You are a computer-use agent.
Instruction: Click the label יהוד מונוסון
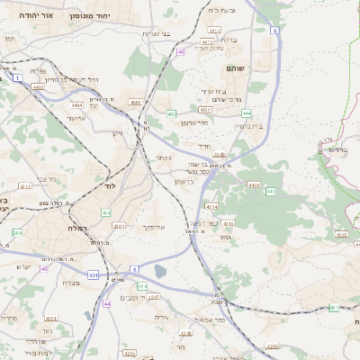point(116,16)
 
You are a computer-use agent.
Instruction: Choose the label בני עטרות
point(156,33)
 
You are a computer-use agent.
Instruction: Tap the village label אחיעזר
point(76,117)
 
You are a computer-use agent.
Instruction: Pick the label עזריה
point(161,318)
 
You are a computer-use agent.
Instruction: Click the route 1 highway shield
point(17,77)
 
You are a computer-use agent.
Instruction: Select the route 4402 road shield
point(38,87)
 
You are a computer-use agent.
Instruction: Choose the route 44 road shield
point(107,304)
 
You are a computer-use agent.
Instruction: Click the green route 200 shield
point(16,232)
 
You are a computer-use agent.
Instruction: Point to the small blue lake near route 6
point(160,271)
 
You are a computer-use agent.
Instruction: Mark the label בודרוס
point(337,149)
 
